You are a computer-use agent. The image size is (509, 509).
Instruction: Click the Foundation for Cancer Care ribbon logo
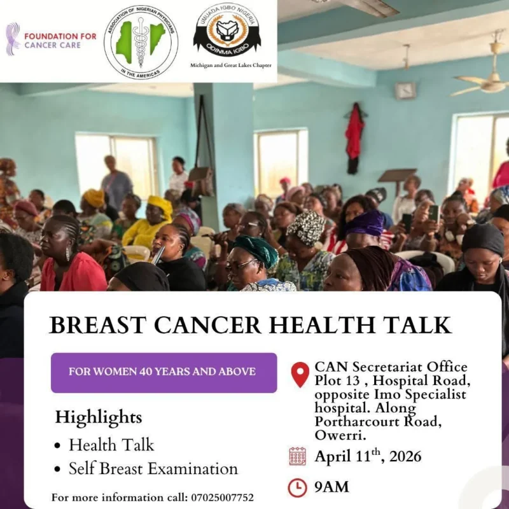pos(13,39)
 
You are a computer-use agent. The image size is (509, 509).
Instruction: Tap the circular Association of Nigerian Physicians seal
pos(141,41)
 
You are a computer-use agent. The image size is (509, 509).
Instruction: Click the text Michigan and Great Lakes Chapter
pos(227,65)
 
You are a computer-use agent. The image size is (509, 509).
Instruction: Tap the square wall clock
pos(405,90)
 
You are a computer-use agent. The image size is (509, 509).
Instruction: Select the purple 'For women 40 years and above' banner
pos(164,372)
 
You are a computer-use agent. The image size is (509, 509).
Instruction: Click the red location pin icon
pos(300,374)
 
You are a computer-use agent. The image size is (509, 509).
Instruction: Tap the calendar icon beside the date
pos(297,456)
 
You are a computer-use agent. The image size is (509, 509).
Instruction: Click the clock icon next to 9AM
pos(297,487)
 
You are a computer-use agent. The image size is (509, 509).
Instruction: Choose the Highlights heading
pos(98,417)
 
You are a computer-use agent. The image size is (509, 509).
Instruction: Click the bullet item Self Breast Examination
pos(153,469)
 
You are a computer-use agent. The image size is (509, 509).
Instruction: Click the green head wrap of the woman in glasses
pos(254,250)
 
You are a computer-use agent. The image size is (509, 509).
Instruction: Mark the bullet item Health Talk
pos(111,444)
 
